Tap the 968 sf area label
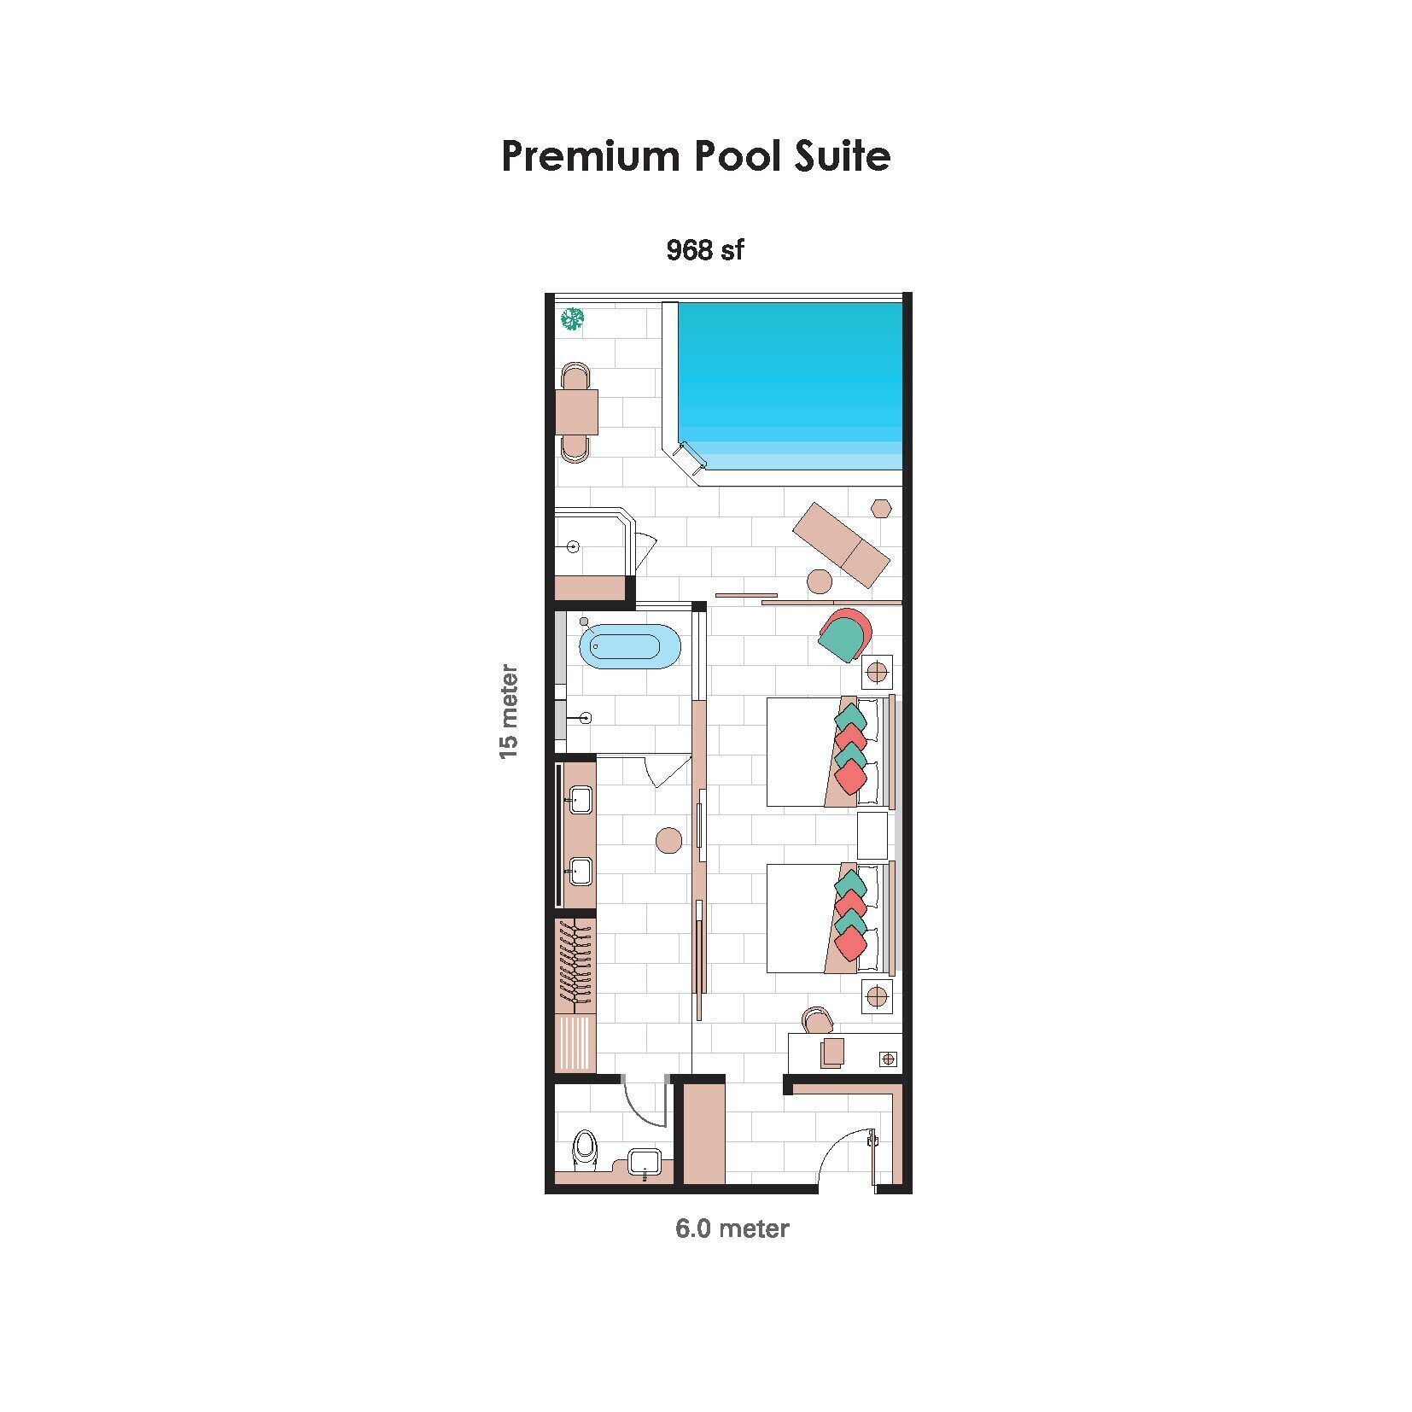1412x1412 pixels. tap(704, 250)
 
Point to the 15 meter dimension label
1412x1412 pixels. tap(509, 710)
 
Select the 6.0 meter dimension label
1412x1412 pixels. tap(732, 1228)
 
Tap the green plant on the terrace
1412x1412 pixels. tap(572, 319)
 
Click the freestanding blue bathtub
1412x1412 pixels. tap(630, 645)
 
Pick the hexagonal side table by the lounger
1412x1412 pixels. tap(881, 508)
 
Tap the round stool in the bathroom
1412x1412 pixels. tap(668, 840)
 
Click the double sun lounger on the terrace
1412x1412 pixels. tap(841, 545)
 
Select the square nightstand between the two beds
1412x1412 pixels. tap(872, 835)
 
